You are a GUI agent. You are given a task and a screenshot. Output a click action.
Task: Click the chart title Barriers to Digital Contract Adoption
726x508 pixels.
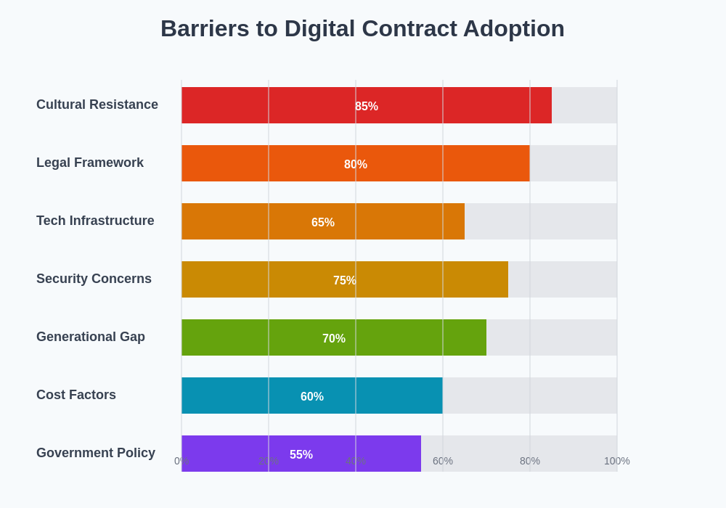click(x=362, y=28)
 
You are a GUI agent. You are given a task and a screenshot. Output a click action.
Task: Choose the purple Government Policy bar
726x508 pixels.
click(x=232, y=444)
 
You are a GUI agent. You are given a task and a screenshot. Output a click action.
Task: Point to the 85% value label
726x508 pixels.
click(x=367, y=107)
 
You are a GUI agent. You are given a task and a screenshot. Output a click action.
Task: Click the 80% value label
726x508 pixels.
click(x=356, y=165)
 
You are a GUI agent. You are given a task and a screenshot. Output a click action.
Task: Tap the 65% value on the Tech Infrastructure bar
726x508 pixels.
click(x=323, y=223)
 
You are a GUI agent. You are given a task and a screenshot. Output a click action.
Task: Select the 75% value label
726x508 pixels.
click(x=345, y=281)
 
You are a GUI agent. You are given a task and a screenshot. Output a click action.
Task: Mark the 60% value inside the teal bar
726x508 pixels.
click(x=312, y=397)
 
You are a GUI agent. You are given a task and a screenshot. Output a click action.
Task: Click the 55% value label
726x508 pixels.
click(x=301, y=455)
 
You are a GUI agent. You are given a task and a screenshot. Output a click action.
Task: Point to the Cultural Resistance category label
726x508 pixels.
click(x=97, y=105)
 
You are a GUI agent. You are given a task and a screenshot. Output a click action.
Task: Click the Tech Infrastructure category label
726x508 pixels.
click(x=95, y=221)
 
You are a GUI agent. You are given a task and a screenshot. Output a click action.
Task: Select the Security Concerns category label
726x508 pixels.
click(x=94, y=279)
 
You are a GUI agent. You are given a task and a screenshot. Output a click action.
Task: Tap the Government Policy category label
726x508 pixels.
click(x=96, y=453)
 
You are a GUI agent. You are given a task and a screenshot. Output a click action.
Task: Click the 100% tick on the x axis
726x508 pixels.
click(x=617, y=461)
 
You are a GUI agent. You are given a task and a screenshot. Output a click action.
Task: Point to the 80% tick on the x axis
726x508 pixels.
click(x=530, y=461)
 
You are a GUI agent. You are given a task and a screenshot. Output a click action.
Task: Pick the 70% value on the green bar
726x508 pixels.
click(x=334, y=339)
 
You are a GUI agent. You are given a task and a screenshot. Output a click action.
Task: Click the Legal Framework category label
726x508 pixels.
click(x=90, y=163)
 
